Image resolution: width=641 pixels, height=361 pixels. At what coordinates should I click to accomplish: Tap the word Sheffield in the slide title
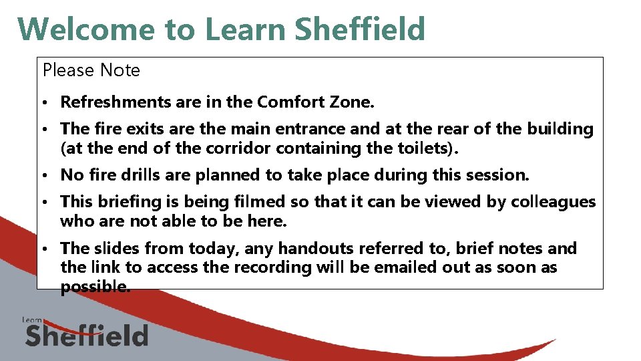[359, 29]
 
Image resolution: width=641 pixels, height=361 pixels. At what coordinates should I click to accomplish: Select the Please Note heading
[91, 70]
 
